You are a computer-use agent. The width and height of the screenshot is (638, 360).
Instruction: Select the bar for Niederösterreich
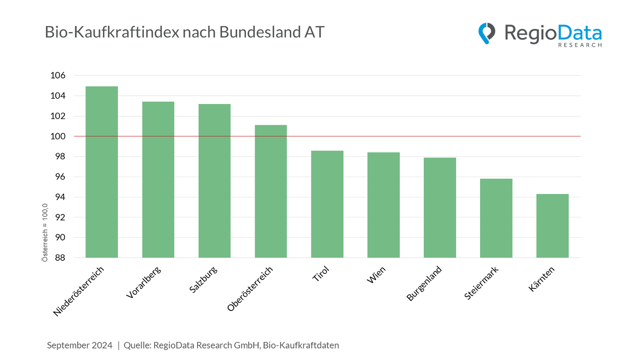(x=102, y=172)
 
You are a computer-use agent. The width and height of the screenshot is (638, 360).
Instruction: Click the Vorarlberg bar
(x=158, y=180)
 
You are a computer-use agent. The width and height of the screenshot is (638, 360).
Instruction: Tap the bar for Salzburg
(x=215, y=181)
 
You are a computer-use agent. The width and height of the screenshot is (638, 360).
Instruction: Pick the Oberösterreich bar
(x=271, y=191)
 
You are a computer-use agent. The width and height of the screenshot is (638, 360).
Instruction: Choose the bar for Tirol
(x=327, y=204)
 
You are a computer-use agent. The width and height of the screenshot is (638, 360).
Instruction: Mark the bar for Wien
(x=383, y=205)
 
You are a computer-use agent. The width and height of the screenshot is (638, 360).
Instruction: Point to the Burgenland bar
(x=440, y=208)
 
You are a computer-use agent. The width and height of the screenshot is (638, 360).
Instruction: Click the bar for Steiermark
(x=496, y=218)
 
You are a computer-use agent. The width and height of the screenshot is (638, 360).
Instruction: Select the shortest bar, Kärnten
(x=552, y=226)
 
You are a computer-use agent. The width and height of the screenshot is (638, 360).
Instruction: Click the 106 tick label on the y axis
(x=58, y=75)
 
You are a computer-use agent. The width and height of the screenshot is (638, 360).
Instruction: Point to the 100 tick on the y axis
(x=58, y=136)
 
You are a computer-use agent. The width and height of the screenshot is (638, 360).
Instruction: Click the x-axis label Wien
(x=376, y=275)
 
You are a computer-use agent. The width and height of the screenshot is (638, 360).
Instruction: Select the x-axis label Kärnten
(x=542, y=279)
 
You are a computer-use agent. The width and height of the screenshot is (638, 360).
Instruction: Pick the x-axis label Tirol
(x=321, y=274)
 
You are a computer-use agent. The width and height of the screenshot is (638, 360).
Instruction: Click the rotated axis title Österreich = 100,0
(x=45, y=233)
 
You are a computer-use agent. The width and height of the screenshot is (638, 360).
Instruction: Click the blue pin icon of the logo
(x=486, y=33)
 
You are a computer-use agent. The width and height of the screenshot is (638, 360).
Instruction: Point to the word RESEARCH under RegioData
(x=580, y=45)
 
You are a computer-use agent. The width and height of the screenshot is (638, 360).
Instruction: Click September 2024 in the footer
(x=80, y=345)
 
